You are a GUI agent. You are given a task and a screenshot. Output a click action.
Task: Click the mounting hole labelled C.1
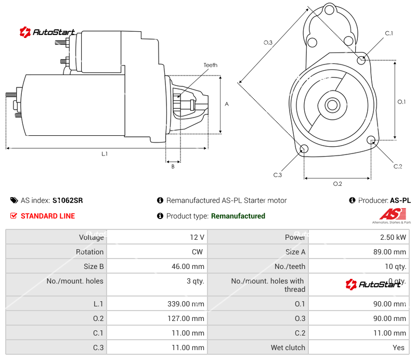coord(361,60)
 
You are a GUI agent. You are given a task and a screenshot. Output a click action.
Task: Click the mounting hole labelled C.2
coord(371,140)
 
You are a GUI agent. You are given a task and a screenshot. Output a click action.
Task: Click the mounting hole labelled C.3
coord(304,150)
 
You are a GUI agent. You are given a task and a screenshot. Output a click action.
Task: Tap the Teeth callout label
coord(210,65)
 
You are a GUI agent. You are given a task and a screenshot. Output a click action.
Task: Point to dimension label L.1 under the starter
coord(105,153)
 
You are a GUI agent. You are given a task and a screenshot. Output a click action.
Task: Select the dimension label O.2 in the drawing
coord(337,184)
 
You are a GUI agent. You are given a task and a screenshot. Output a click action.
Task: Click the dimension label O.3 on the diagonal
coord(268,43)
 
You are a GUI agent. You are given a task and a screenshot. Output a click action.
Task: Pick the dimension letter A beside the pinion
coord(227,104)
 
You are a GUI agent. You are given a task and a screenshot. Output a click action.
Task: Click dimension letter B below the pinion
coord(173,166)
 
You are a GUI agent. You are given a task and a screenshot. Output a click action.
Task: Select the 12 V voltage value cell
coord(197,237)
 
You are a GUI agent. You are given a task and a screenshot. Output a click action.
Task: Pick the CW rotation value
coord(199,252)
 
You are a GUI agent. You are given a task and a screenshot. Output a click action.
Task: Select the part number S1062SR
coord(68,200)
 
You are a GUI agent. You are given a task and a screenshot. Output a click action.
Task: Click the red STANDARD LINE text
coord(48,216)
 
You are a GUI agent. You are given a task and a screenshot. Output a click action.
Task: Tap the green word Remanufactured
coord(238,216)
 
